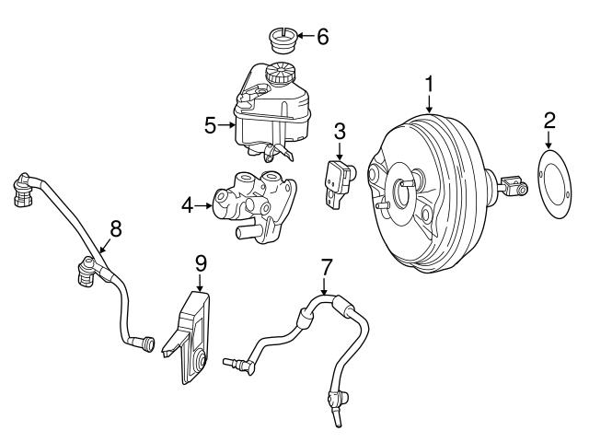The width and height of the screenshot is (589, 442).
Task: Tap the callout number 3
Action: tap(340, 130)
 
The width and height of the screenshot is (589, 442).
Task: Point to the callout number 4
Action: tap(187, 206)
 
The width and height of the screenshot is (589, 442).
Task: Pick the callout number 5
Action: tap(210, 124)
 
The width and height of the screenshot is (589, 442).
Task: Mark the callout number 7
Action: tap(325, 268)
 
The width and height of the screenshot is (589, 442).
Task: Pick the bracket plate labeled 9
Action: tap(191, 336)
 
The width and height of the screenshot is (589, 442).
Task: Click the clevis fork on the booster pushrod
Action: tap(512, 188)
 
